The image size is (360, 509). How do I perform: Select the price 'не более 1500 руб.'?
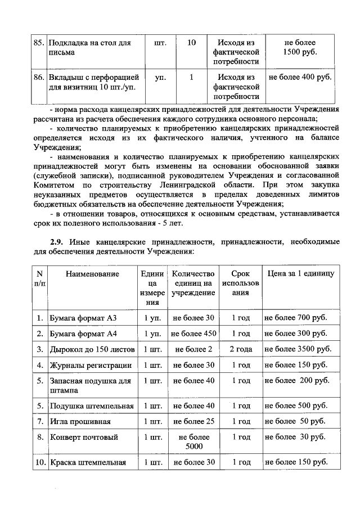[300, 47]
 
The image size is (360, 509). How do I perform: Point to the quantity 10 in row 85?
[191, 43]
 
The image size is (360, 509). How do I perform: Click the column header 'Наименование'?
[92, 273]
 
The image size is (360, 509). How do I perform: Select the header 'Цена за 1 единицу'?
[300, 273]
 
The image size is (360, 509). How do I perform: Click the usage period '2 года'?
[240, 349]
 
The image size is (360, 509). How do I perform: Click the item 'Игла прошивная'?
[78, 421]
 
